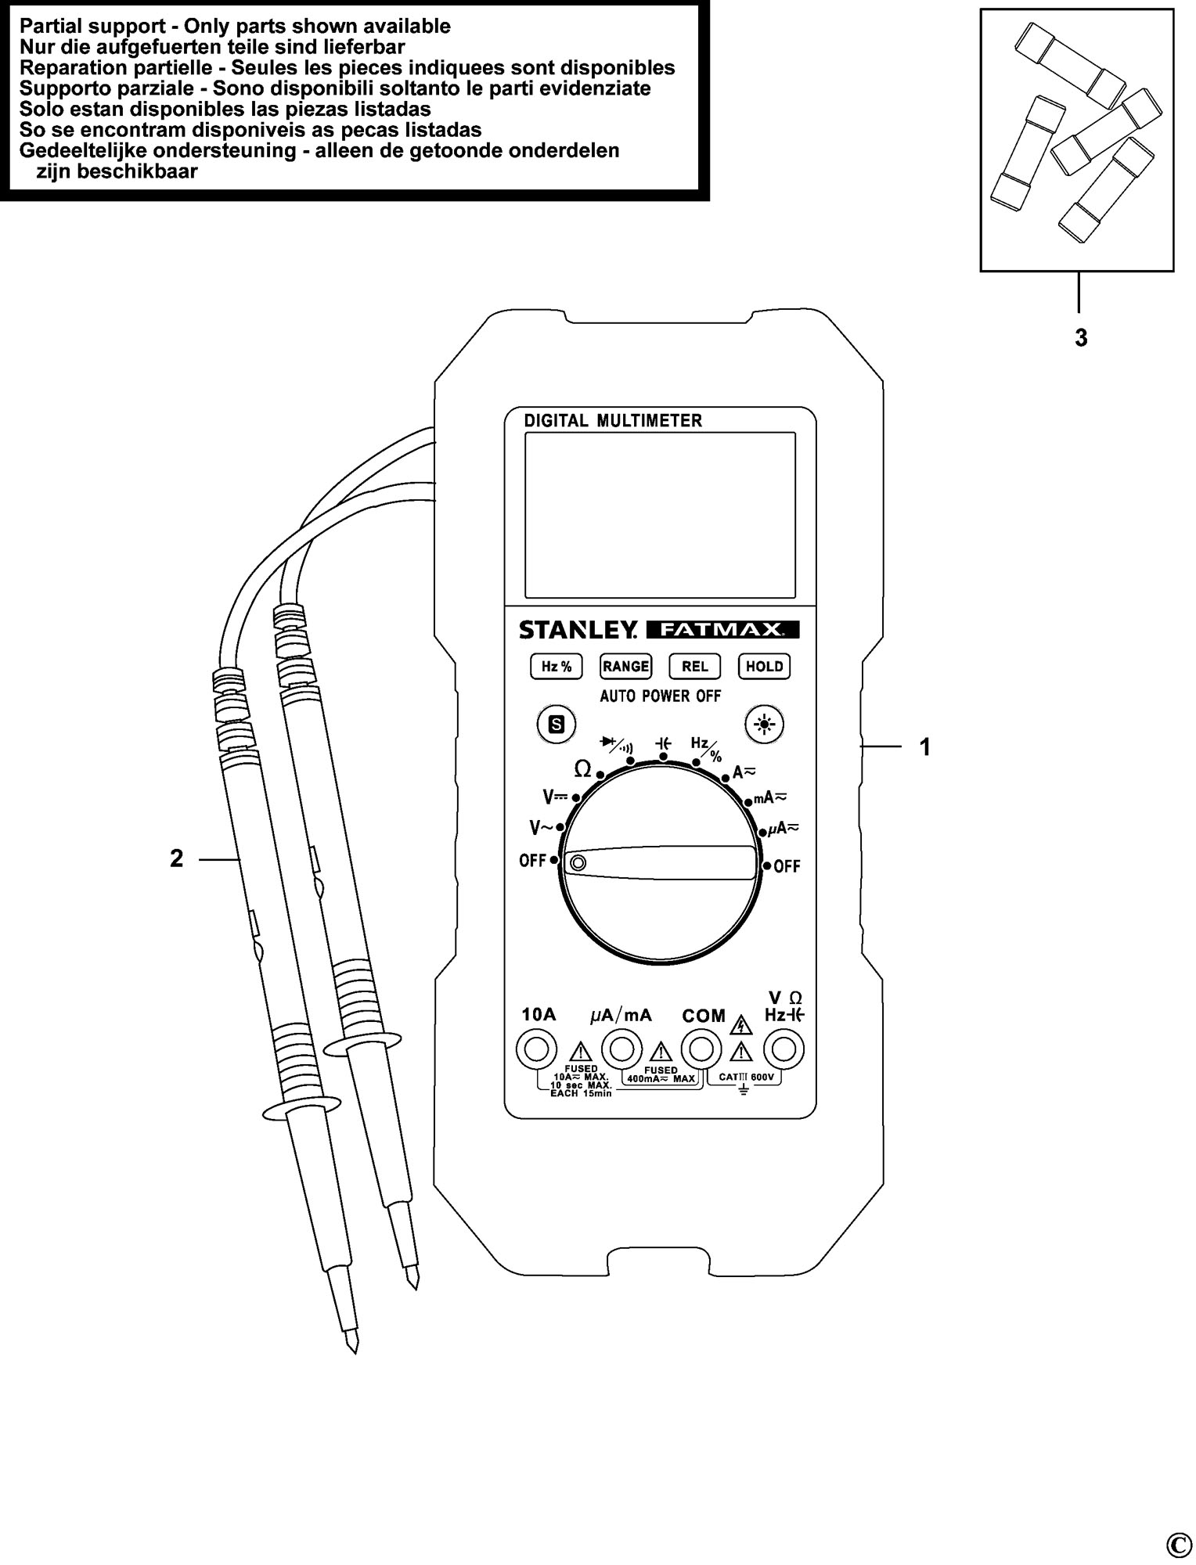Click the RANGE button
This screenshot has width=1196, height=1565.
625,666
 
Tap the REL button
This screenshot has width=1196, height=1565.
694,666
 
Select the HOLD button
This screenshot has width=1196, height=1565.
764,666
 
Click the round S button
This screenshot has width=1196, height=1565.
556,725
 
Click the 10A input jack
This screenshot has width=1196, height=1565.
537,1049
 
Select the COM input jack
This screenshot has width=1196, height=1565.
701,1049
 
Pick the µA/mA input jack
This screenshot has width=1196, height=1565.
621,1049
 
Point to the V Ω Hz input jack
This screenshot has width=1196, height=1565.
784,1049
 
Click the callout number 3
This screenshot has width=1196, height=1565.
1081,338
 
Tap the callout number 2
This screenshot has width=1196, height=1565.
176,858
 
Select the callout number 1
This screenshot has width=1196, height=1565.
925,747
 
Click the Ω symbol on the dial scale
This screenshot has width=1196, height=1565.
582,769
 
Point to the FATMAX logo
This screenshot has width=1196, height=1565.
722,629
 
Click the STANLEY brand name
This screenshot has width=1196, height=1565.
579,629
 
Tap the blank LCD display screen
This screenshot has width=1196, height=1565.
660,515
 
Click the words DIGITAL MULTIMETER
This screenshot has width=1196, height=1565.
613,420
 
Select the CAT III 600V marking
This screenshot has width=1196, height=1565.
745,1078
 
